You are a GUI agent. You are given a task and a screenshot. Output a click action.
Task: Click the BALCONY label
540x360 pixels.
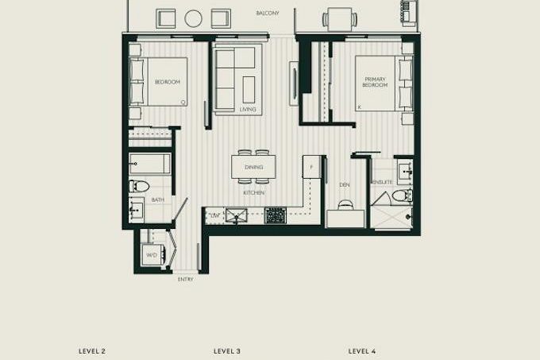[x=267, y=14]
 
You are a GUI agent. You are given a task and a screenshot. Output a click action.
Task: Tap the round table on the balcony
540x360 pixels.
[x=195, y=17]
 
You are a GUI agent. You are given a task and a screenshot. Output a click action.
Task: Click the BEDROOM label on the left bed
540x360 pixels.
[x=167, y=82]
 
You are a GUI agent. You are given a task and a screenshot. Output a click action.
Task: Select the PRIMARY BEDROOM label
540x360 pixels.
[x=375, y=82]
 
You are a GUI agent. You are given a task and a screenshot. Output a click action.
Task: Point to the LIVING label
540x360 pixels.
[x=248, y=109]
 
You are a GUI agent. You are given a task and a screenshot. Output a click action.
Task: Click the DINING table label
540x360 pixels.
[x=254, y=167]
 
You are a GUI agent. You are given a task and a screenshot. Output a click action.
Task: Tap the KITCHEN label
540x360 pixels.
[x=254, y=192]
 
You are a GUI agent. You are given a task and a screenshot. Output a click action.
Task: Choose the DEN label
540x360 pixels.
[x=345, y=184]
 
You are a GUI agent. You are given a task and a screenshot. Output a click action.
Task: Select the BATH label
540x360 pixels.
[x=158, y=199]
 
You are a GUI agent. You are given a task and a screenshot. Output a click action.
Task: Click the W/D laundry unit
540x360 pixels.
[x=151, y=255]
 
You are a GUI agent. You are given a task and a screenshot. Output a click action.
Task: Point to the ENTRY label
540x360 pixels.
[x=185, y=279]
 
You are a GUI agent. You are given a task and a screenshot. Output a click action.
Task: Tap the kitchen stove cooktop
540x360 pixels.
[x=276, y=215]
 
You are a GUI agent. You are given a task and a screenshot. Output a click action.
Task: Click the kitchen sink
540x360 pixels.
[x=236, y=215]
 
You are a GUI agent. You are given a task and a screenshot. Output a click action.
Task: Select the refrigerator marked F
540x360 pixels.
[x=311, y=167]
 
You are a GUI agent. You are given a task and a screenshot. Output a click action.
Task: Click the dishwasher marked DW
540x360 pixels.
[x=214, y=215]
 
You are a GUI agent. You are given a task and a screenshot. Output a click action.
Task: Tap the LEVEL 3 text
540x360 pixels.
[x=227, y=350]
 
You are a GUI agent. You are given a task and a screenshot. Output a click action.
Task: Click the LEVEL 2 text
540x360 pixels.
[x=92, y=350]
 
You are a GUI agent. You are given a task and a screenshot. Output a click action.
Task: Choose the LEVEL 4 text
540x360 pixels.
[x=362, y=350]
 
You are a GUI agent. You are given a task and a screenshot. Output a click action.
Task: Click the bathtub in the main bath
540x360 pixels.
[x=151, y=165]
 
